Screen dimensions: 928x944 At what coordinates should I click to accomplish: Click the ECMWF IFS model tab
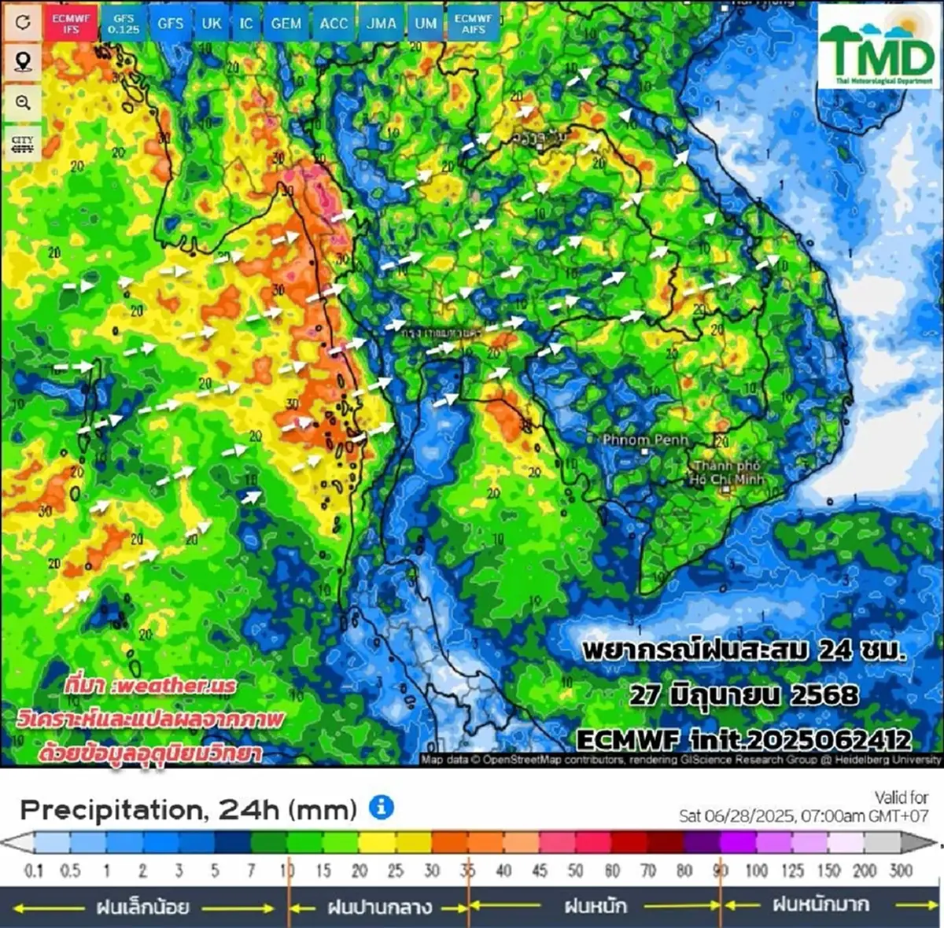tap(70, 24)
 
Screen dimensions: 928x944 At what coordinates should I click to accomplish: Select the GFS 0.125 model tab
tap(124, 24)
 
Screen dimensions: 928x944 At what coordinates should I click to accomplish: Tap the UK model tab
tap(212, 24)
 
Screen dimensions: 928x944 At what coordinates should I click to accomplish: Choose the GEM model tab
tap(286, 24)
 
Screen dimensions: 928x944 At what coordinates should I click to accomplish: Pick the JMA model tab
tap(382, 24)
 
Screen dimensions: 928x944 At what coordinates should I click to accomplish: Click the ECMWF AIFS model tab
tap(473, 24)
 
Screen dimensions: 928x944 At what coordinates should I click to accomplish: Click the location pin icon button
tap(23, 63)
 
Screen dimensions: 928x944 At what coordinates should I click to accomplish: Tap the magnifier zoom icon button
tap(23, 103)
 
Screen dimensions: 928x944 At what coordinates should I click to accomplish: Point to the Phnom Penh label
tap(645, 440)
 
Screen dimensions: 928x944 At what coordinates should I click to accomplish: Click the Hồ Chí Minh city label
tap(726, 473)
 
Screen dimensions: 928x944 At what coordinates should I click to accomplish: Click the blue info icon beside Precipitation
tap(382, 807)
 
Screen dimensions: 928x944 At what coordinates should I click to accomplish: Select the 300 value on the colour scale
tap(901, 871)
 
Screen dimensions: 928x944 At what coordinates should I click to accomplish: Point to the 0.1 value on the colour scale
tap(34, 871)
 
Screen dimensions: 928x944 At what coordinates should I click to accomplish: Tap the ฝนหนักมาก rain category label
tap(820, 905)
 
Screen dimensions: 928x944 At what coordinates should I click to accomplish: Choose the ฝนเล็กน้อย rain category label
tap(142, 907)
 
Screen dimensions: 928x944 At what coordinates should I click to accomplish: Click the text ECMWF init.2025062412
tap(743, 740)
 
